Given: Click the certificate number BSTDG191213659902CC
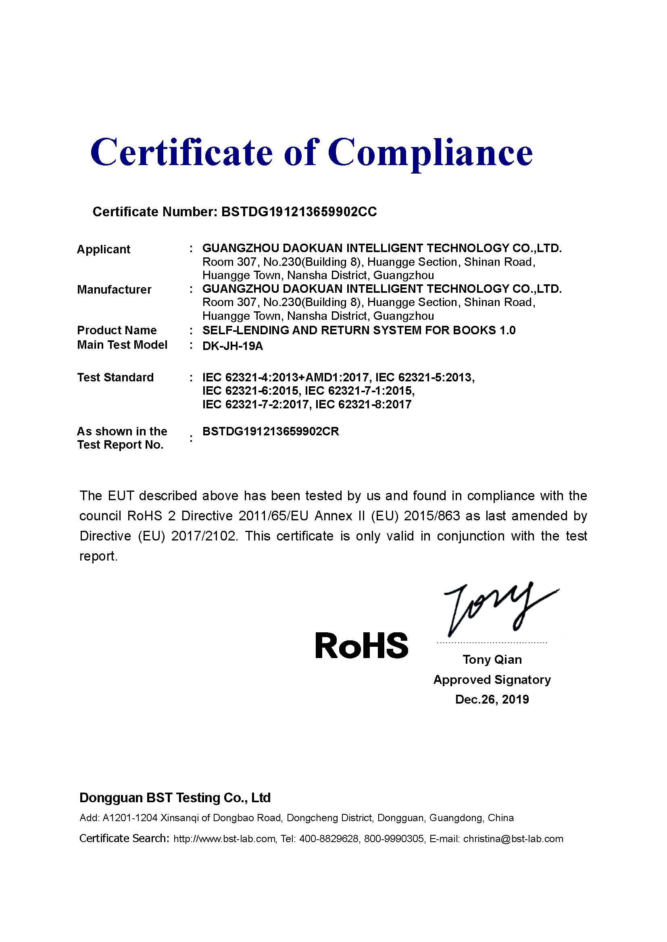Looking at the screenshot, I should pos(298,212).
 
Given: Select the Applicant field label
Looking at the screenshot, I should pos(104,249).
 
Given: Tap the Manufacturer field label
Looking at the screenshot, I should pos(114,290).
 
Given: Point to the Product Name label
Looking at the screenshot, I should pos(117,330).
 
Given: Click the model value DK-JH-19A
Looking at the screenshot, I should pos(232,346).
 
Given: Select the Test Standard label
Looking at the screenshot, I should pos(115,377).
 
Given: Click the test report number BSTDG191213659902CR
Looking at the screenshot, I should pos(271,432).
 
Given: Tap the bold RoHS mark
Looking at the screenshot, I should pos(361,645).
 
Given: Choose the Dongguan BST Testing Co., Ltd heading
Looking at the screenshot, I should pos(175,797).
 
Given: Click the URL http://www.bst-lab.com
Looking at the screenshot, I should pos(224,838).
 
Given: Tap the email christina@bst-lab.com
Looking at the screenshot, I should pos(513,838).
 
